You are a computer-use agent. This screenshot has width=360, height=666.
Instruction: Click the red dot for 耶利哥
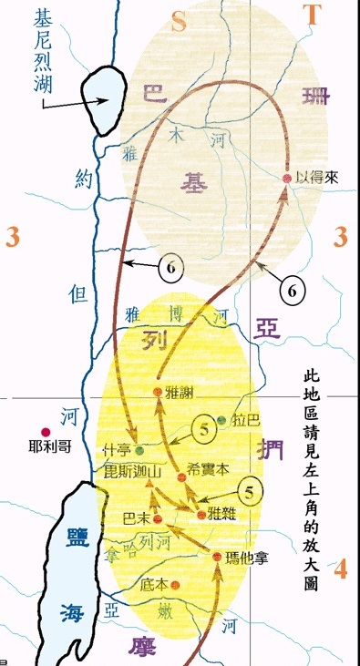click(44, 433)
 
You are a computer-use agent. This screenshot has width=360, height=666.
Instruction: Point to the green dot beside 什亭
click(139, 449)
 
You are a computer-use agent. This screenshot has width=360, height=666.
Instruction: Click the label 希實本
click(211, 467)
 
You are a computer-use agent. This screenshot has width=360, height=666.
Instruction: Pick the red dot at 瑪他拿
click(216, 556)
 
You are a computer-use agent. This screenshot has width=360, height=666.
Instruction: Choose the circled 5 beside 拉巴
click(206, 427)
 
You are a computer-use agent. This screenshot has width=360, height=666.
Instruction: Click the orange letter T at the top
click(313, 14)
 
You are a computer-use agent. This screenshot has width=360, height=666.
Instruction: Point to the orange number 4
click(340, 570)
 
